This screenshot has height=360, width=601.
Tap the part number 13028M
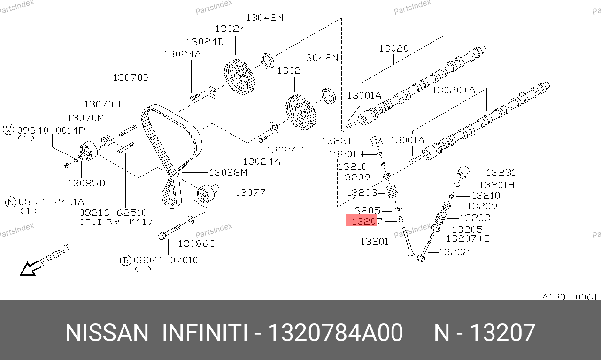click(x=228, y=172)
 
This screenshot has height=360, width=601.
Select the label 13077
click(x=250, y=192)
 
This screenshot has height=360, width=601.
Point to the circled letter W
click(x=8, y=130)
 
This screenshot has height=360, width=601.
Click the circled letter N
click(x=11, y=202)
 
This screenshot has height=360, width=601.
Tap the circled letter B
click(x=125, y=260)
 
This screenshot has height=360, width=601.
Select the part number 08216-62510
click(x=113, y=213)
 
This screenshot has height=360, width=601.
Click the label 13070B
click(x=131, y=77)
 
